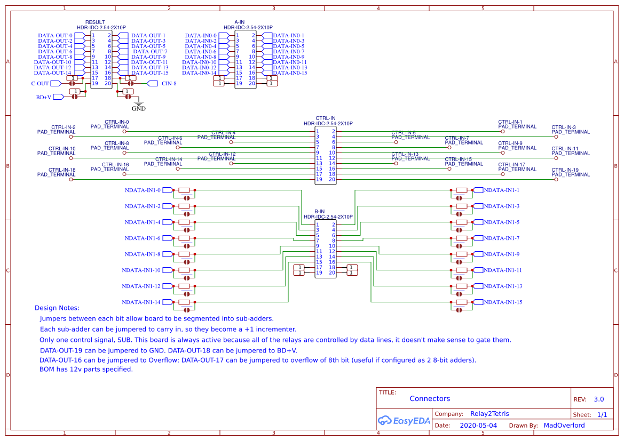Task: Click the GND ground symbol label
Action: coord(138,108)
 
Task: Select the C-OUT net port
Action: coord(40,84)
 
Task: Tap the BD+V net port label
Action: coord(44,97)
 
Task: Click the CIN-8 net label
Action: coord(169,84)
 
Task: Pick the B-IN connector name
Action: coord(319,212)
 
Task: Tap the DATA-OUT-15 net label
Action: coord(149,73)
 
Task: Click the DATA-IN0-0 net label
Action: coord(201,36)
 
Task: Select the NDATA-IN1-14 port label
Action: coord(141,302)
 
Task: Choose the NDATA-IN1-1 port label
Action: coord(501,190)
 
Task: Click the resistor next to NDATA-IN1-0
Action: coord(185,190)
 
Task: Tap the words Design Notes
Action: coord(57,308)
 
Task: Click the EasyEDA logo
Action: coord(404,420)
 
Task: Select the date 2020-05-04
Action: coord(478,426)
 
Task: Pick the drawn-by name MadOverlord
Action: coord(564,426)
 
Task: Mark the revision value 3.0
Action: coord(599,399)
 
